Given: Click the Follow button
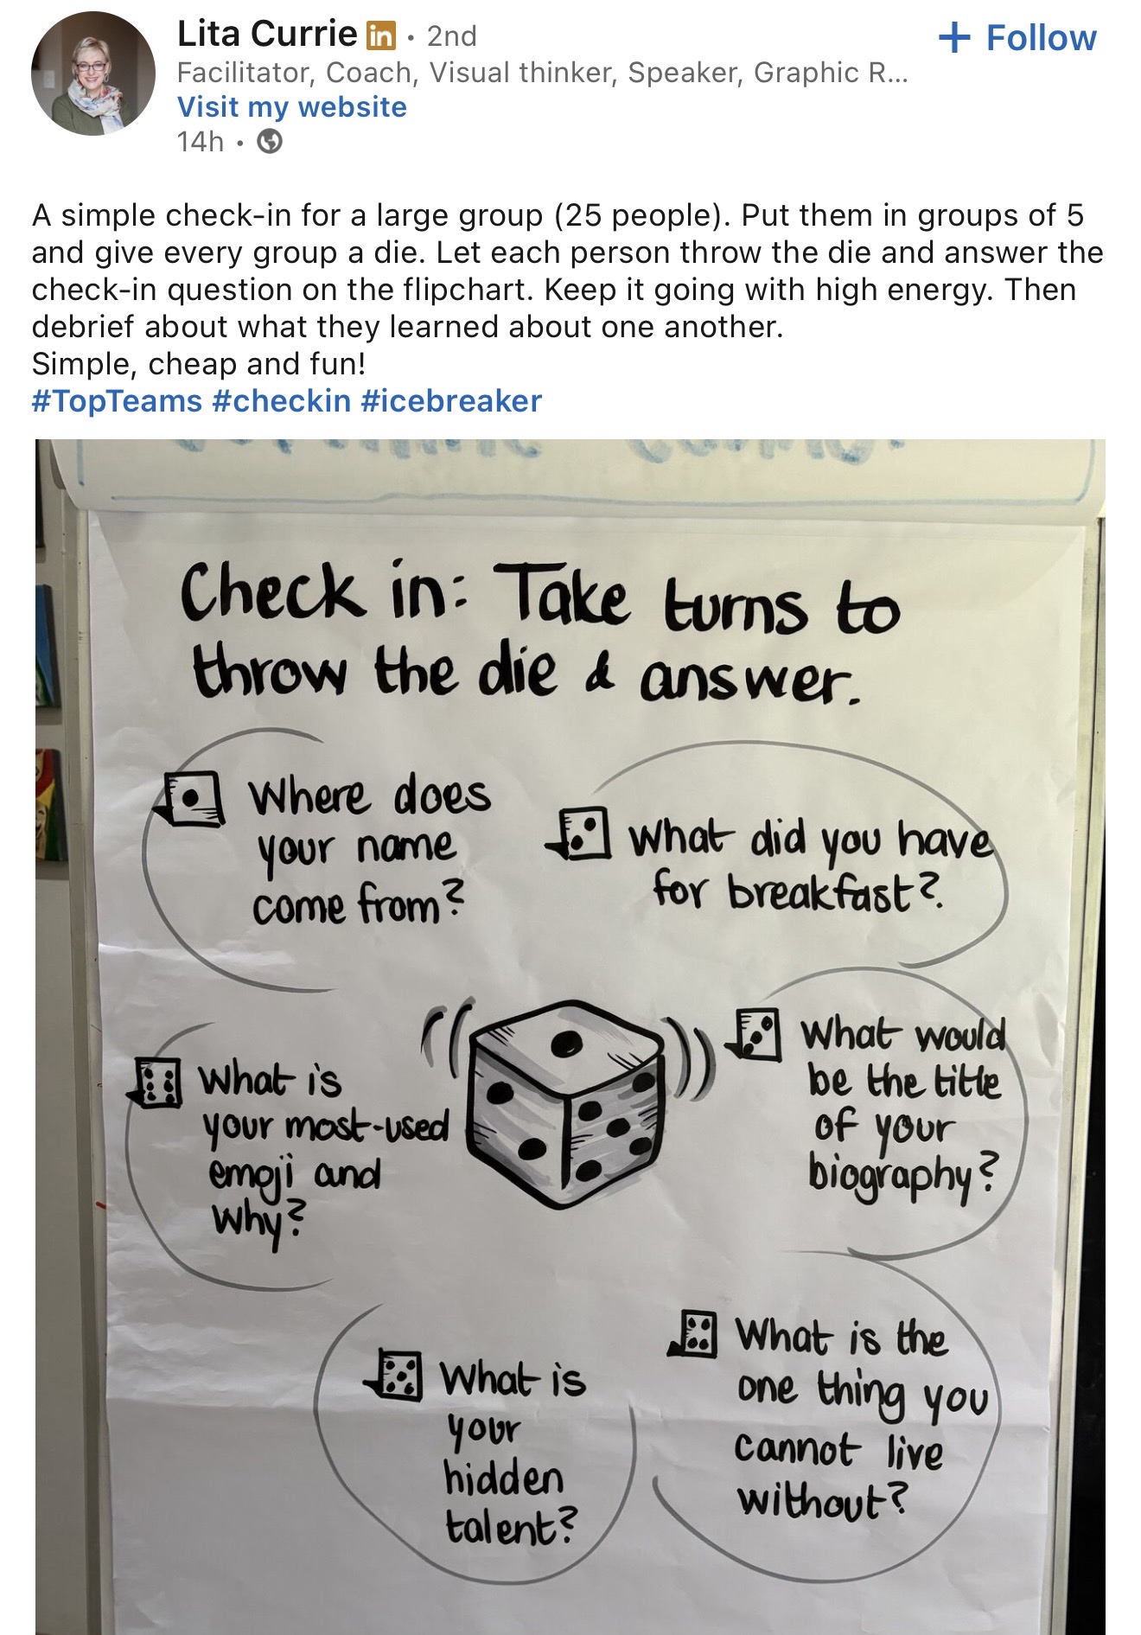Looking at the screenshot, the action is click(1017, 38).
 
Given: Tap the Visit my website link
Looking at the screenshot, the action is click(291, 106).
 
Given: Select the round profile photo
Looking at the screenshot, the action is click(93, 73).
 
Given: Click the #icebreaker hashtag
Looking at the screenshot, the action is click(451, 400).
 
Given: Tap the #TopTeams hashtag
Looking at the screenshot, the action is click(117, 400).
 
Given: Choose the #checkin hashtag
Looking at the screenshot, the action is click(282, 400).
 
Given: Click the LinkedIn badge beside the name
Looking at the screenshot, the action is click(381, 35).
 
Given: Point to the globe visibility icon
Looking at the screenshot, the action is click(271, 141).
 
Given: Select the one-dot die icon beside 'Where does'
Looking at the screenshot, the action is click(193, 798).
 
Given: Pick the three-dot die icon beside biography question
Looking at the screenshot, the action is click(755, 1034).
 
